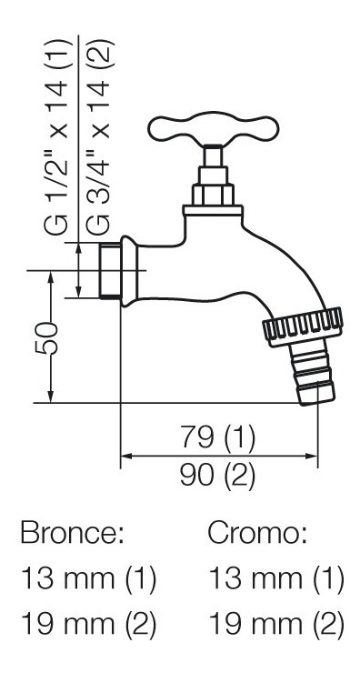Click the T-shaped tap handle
click(214, 127)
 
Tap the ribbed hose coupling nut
click(303, 327)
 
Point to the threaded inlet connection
click(110, 270)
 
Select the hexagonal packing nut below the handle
click(214, 195)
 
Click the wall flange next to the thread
click(129, 271)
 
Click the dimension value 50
click(46, 338)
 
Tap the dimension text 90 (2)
click(217, 475)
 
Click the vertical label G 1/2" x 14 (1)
click(56, 136)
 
